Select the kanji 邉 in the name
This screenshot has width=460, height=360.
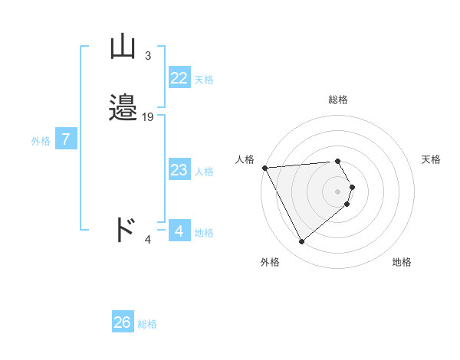(123, 108)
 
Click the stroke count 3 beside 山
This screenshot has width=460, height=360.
(147, 56)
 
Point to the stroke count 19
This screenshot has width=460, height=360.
(148, 116)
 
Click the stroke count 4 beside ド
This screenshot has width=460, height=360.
(148, 240)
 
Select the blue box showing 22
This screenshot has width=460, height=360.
(179, 78)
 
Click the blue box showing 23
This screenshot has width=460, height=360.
(179, 170)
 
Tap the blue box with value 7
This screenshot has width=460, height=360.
(66, 139)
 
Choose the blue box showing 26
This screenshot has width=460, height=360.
(123, 322)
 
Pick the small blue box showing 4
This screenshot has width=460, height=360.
(179, 231)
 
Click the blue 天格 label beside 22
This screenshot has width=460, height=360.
(204, 80)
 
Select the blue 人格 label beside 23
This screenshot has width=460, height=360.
(204, 172)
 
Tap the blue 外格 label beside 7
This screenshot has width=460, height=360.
(41, 141)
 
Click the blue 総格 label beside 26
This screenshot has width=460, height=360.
(147, 324)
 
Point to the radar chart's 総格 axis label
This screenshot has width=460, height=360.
(338, 100)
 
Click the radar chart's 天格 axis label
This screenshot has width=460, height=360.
(432, 159)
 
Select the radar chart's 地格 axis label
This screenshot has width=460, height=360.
(402, 262)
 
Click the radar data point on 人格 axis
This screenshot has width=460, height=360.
(264, 168)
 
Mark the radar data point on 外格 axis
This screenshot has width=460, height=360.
(301, 242)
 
